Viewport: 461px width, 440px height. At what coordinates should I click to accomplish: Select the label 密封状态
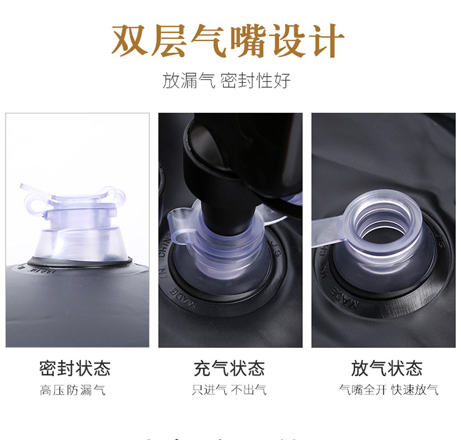(x=74, y=368)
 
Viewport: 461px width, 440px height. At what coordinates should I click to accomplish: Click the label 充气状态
(x=229, y=368)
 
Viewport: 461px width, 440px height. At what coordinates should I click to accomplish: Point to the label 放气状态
(x=387, y=368)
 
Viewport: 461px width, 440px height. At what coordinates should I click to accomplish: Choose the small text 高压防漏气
(x=73, y=390)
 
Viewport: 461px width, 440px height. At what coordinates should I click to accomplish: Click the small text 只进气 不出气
(x=229, y=390)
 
